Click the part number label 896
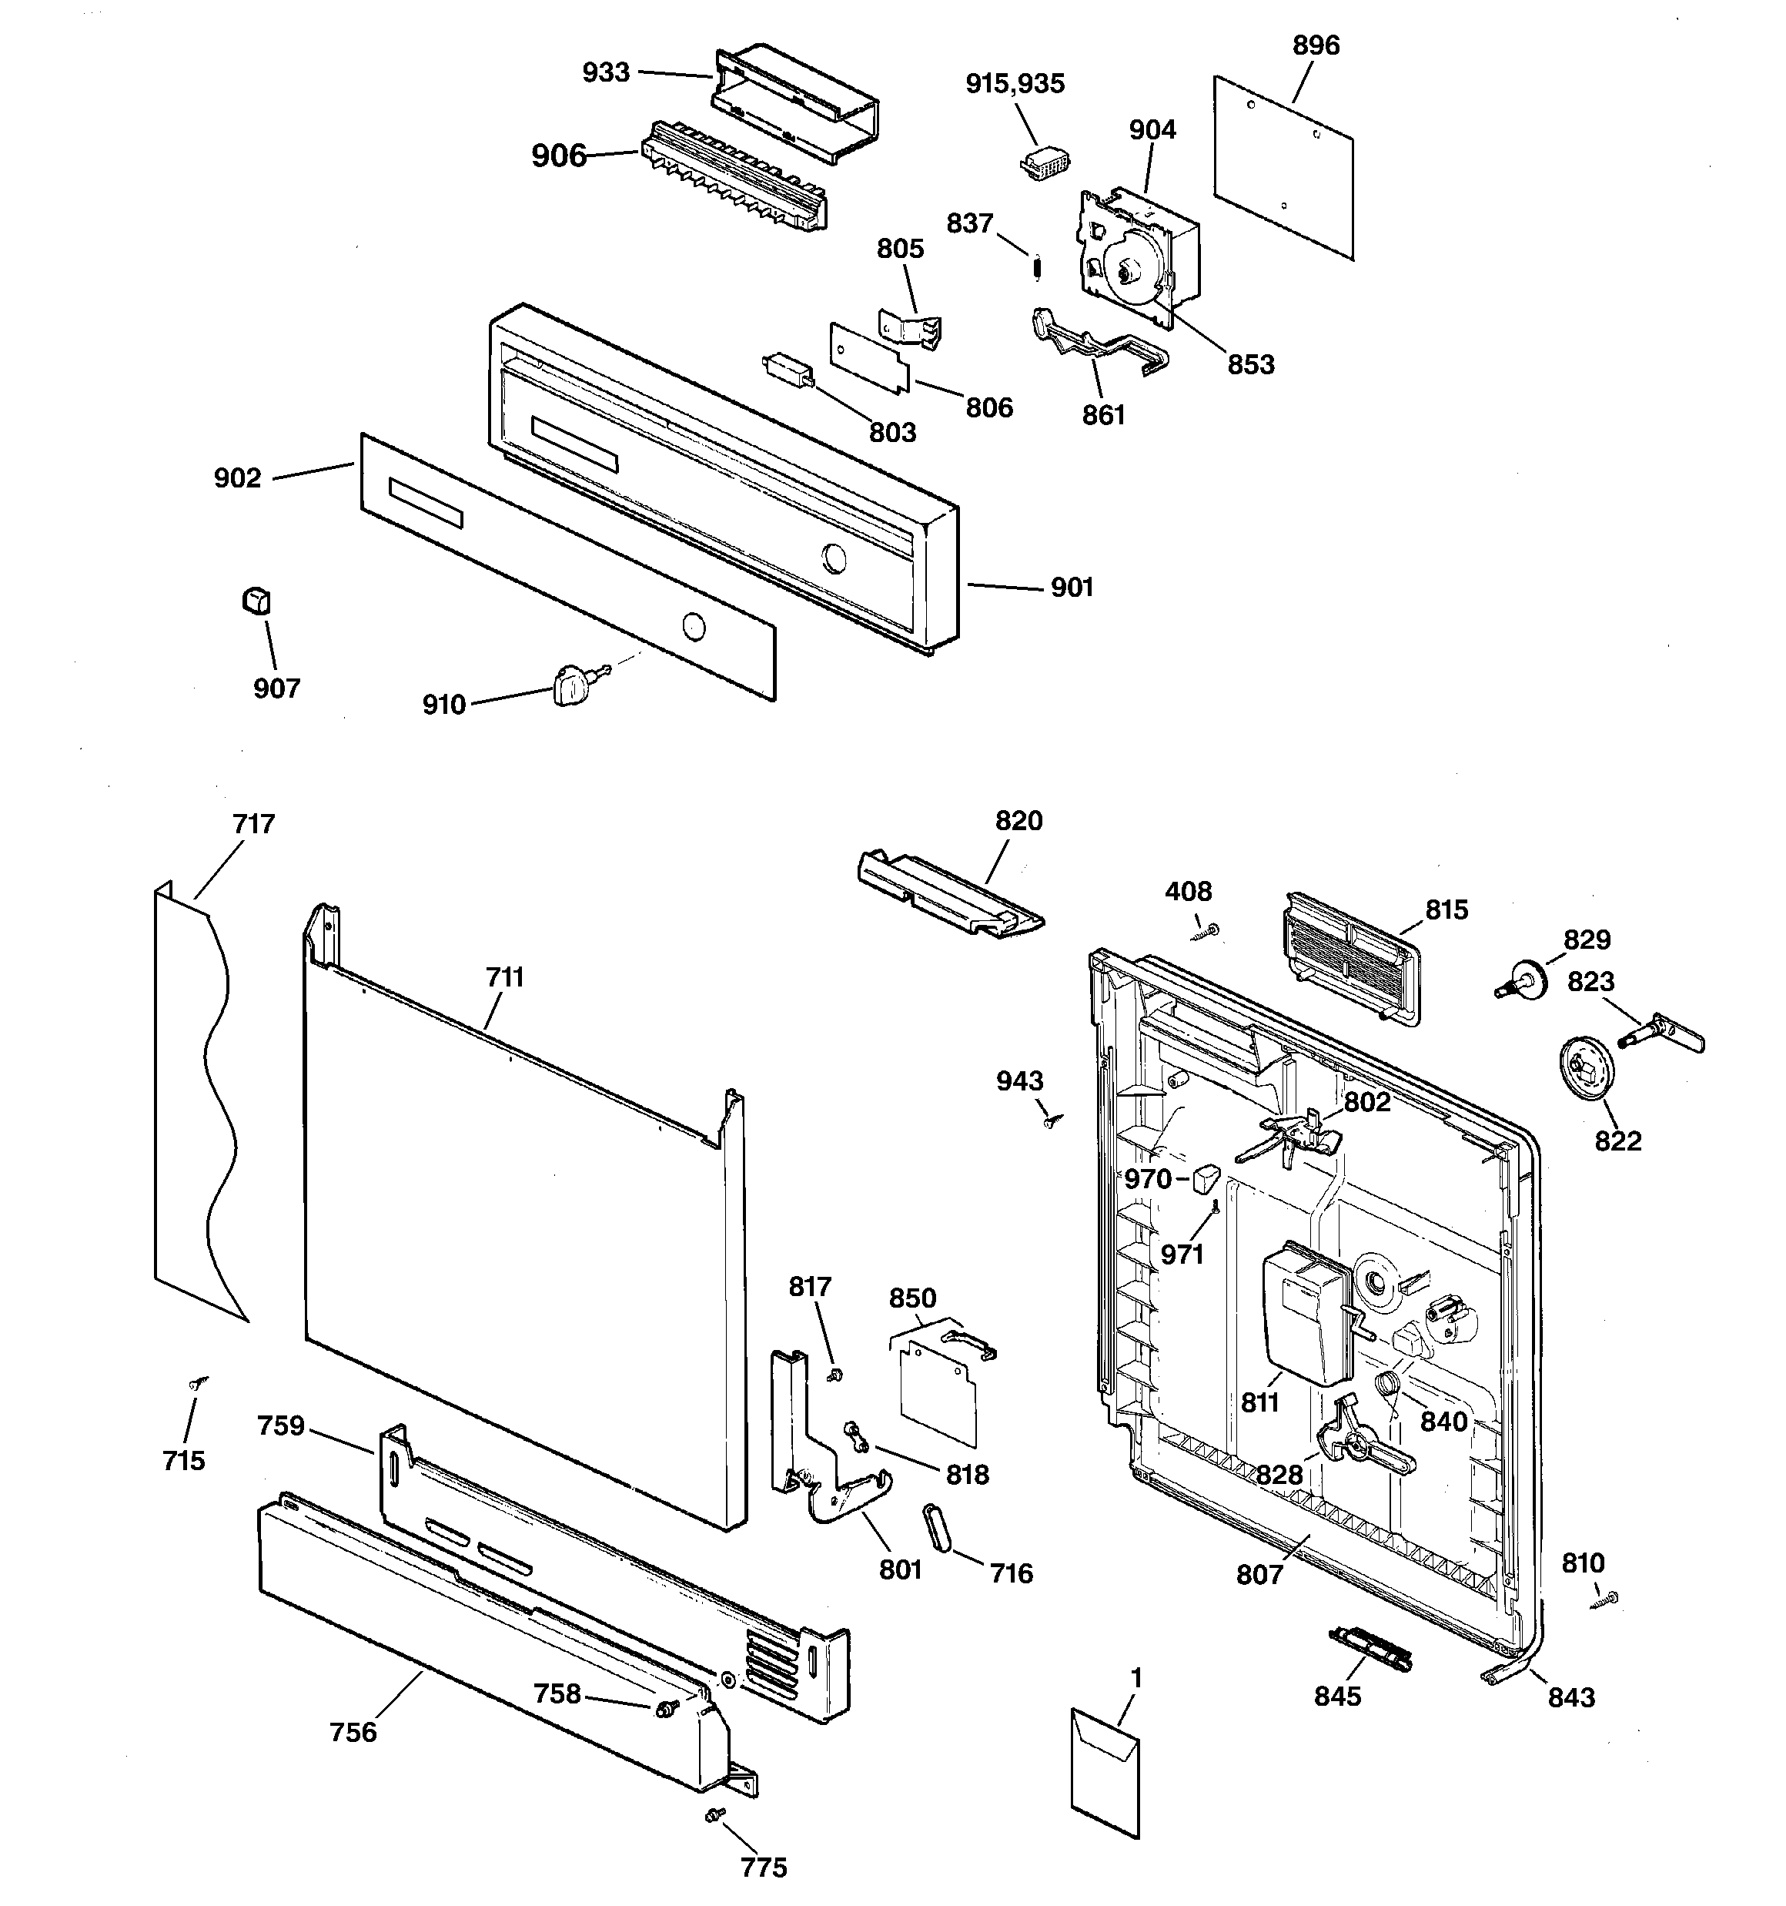1316,45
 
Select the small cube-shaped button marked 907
256,601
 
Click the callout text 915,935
1015,83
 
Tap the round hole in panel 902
692,628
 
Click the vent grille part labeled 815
1349,958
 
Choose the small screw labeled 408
1207,930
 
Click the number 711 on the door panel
504,977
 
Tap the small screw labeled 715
199,1383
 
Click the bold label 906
559,156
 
